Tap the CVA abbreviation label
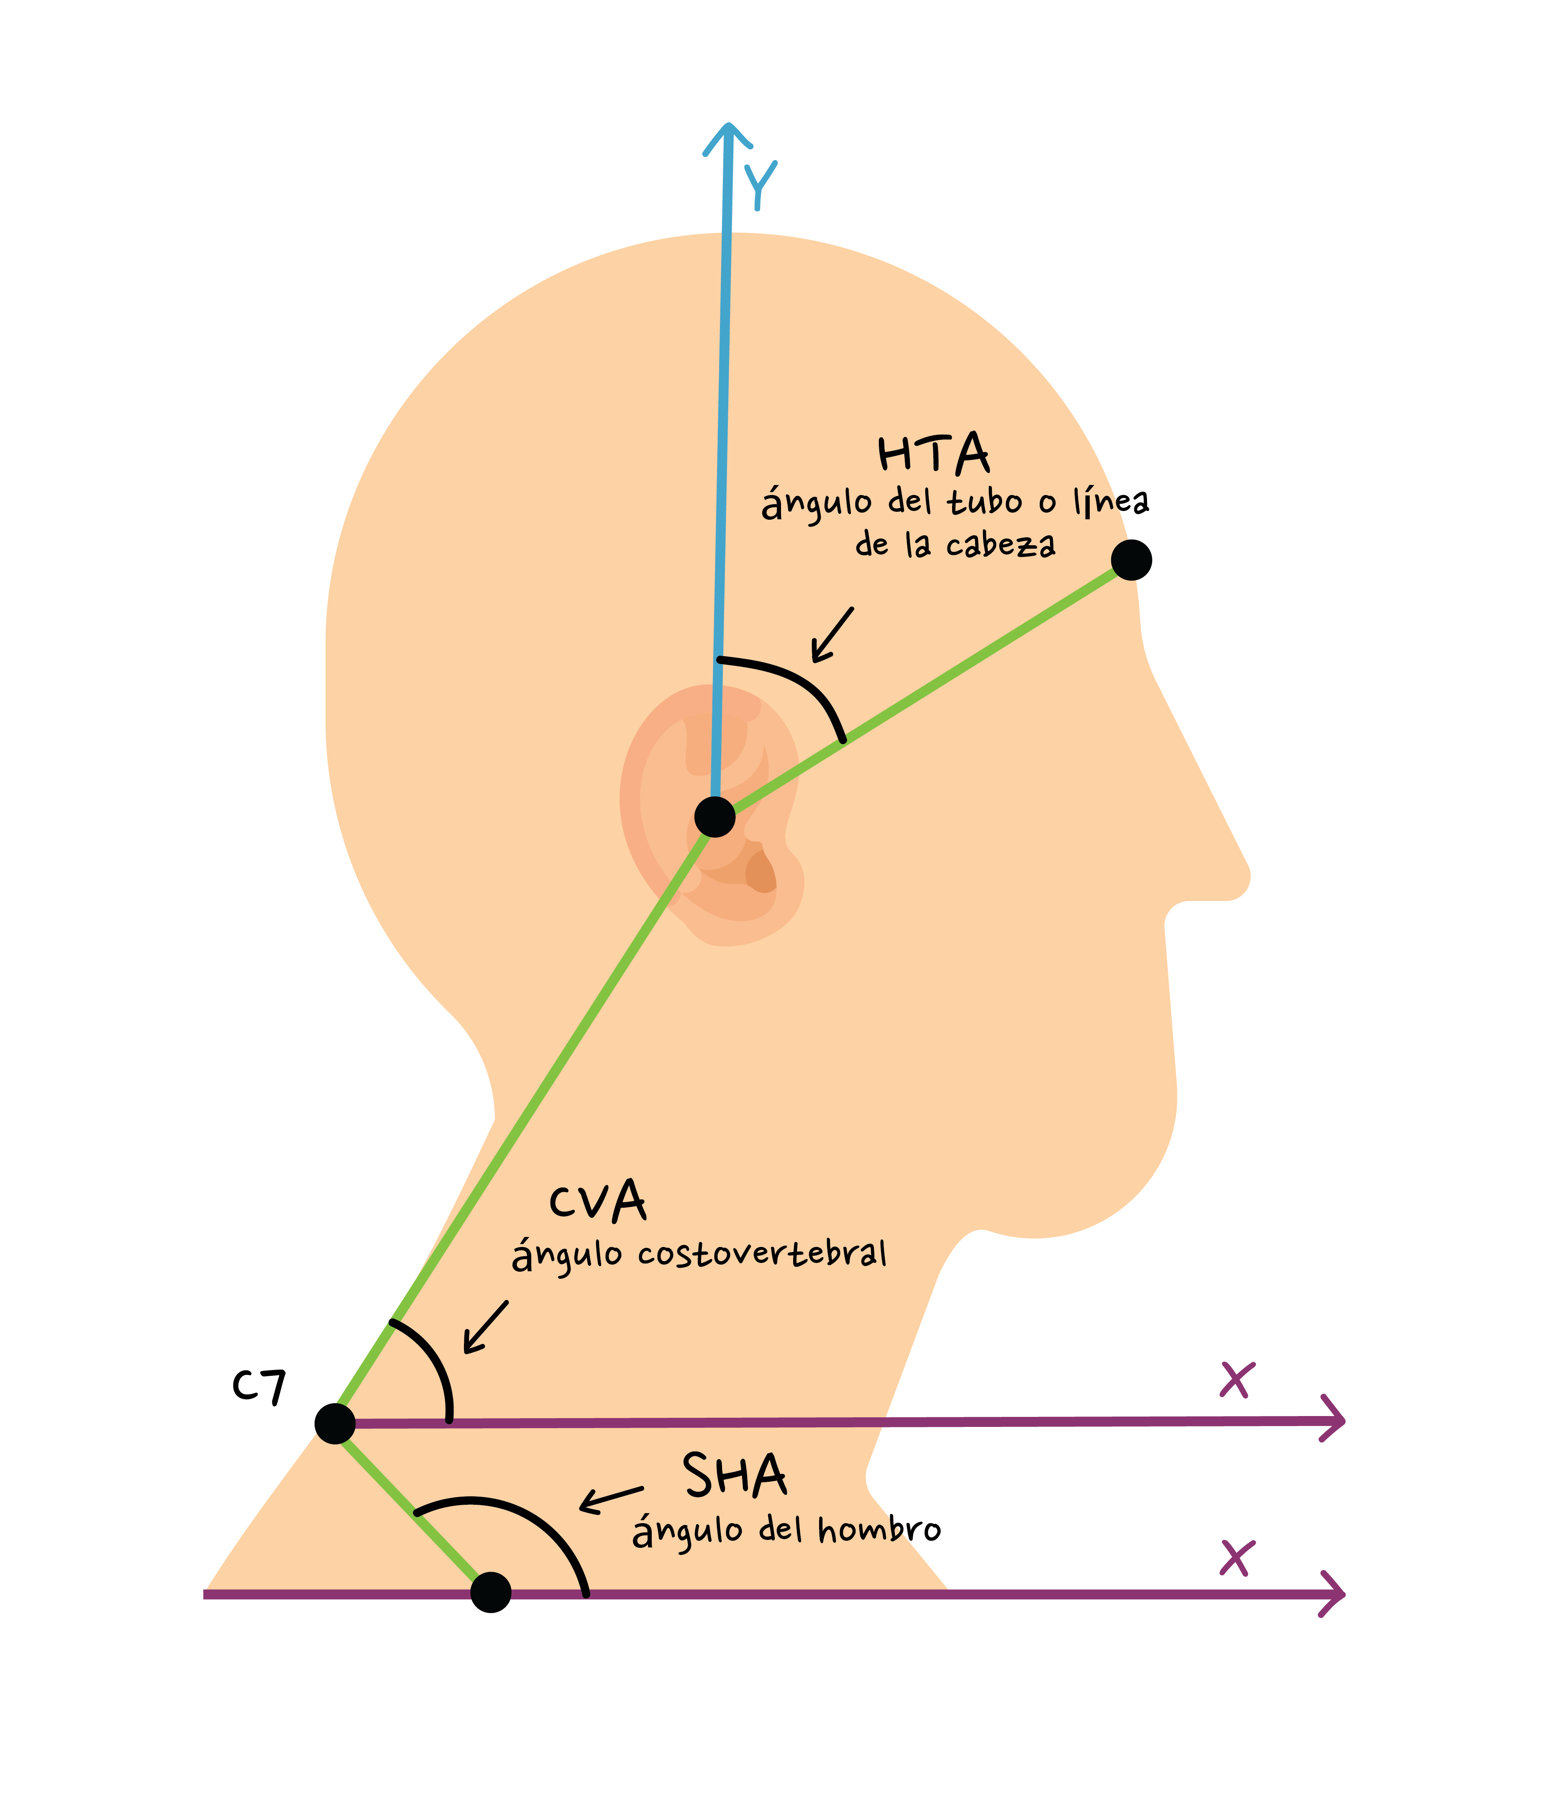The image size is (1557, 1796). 598,1202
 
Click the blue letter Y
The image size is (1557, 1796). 760,184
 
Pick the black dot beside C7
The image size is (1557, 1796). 335,1423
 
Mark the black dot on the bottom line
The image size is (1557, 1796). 491,1592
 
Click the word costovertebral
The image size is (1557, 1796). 762,1254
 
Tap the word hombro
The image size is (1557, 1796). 879,1529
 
